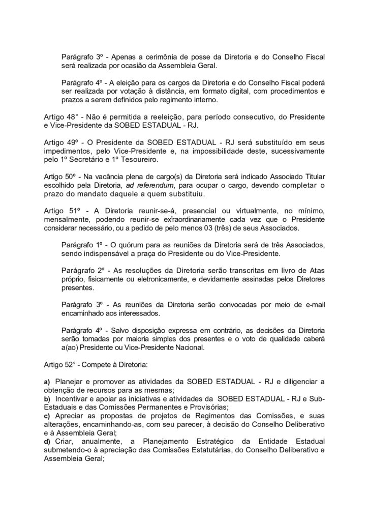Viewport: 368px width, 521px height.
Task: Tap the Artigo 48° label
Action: point(60,117)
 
